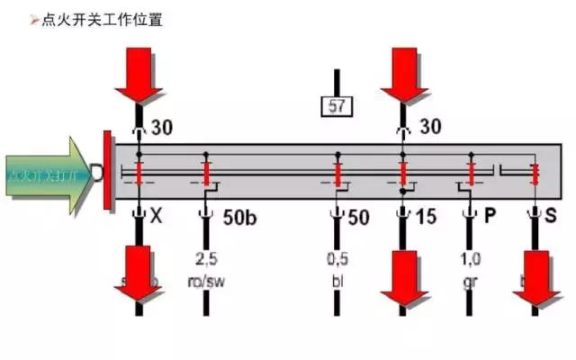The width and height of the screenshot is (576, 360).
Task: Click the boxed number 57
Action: pos(337,106)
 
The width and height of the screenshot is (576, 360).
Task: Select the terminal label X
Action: pos(157,217)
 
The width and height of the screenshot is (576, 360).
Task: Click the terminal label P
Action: pos(490,217)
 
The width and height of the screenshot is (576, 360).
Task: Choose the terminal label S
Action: pos(550,217)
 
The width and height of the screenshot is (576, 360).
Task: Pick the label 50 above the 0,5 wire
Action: pos(357,217)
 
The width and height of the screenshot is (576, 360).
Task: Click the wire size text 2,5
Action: pos(206,260)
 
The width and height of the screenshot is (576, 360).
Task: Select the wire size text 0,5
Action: pos(337,260)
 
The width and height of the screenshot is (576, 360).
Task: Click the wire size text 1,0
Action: pos(470,260)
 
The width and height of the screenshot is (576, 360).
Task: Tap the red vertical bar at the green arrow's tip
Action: pos(107,172)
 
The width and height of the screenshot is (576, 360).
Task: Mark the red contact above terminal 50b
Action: pos(205,171)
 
